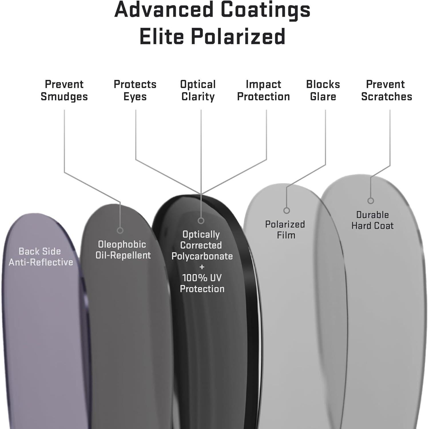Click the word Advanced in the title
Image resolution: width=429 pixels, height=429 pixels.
164,9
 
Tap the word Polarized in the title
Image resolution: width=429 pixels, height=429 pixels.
238,37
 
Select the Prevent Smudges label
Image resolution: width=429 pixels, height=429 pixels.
64,90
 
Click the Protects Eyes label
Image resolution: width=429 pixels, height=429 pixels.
135,90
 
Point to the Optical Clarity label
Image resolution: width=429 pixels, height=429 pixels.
198,90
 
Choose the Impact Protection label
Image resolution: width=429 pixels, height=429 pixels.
263,90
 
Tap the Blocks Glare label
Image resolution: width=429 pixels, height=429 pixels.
323,90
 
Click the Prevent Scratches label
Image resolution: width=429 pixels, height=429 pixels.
386,90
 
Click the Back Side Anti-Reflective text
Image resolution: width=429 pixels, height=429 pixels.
41,257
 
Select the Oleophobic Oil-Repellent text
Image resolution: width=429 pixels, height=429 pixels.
123,250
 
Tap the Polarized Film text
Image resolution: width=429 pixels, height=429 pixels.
285,230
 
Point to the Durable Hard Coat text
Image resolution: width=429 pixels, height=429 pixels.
372,220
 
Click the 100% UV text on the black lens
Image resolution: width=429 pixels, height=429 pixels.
202,278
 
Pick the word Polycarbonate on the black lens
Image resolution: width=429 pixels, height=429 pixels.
202,257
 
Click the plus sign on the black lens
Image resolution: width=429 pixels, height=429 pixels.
202,267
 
